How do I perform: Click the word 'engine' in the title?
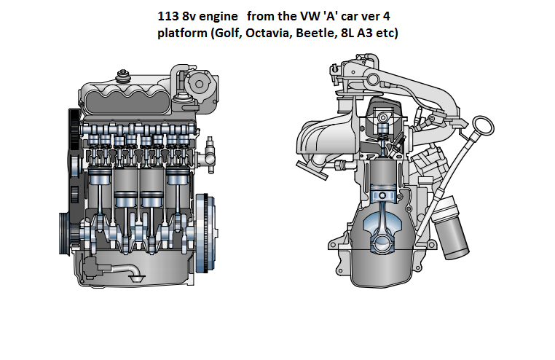213,15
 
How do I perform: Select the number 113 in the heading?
168,15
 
